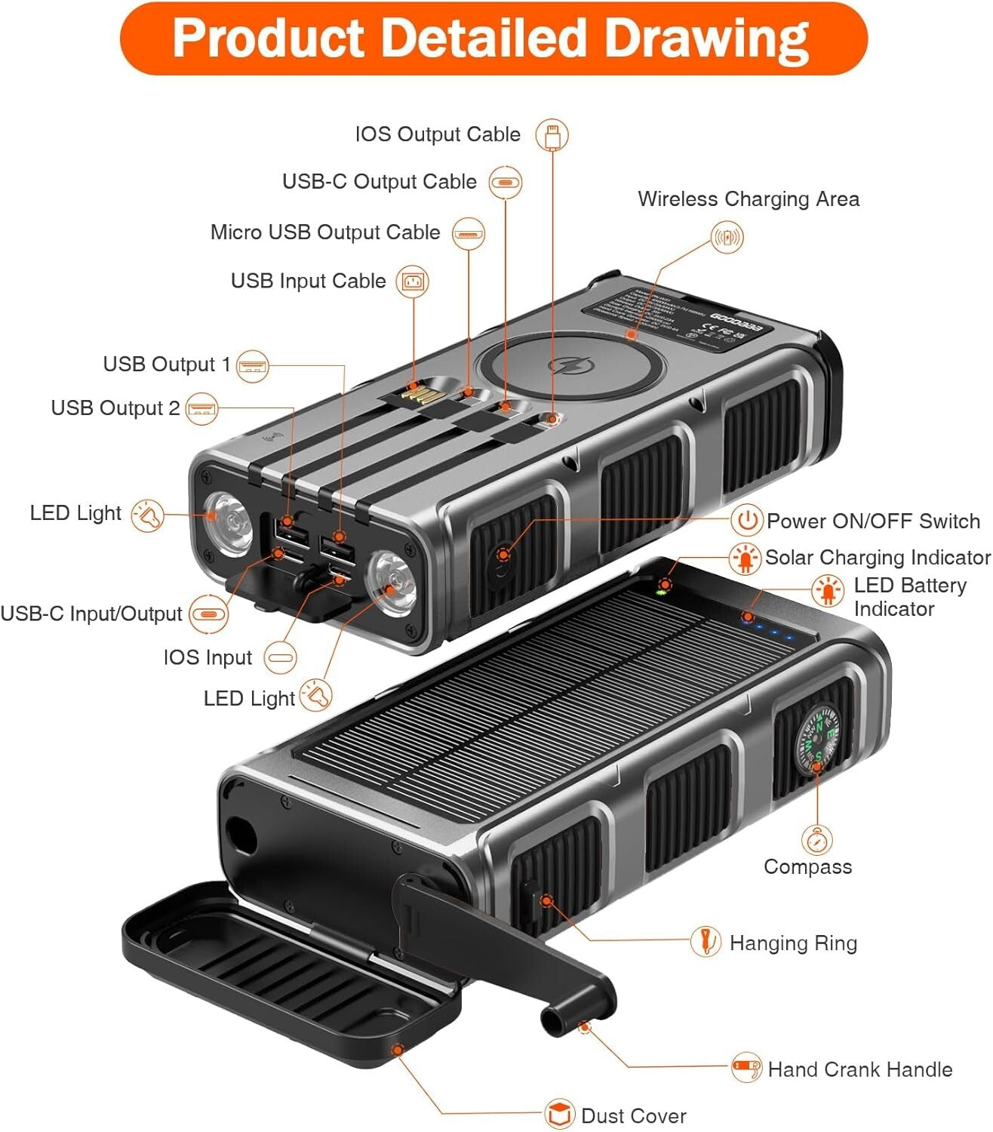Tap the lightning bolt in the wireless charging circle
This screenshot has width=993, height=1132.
(561, 366)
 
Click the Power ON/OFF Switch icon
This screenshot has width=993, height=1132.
(746, 520)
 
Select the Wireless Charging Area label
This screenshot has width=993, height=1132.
(748, 199)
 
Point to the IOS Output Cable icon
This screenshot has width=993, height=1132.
(552, 136)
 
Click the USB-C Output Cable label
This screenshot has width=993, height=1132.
(379, 182)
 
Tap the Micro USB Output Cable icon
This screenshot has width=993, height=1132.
(469, 233)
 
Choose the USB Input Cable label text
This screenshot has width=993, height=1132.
(308, 281)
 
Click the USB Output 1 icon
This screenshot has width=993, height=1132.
(252, 366)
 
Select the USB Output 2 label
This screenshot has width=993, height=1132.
(115, 408)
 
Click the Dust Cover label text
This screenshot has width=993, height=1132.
(633, 1115)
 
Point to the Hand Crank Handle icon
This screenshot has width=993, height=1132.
(746, 1068)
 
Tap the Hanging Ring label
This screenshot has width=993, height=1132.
(792, 943)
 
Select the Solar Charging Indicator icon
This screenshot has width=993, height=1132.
(745, 558)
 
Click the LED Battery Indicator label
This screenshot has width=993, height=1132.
(909, 596)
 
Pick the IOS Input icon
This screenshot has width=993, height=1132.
(280, 657)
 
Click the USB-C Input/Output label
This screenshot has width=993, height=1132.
(91, 614)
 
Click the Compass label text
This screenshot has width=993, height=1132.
(807, 866)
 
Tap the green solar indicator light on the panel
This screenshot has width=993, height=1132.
(662, 591)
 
